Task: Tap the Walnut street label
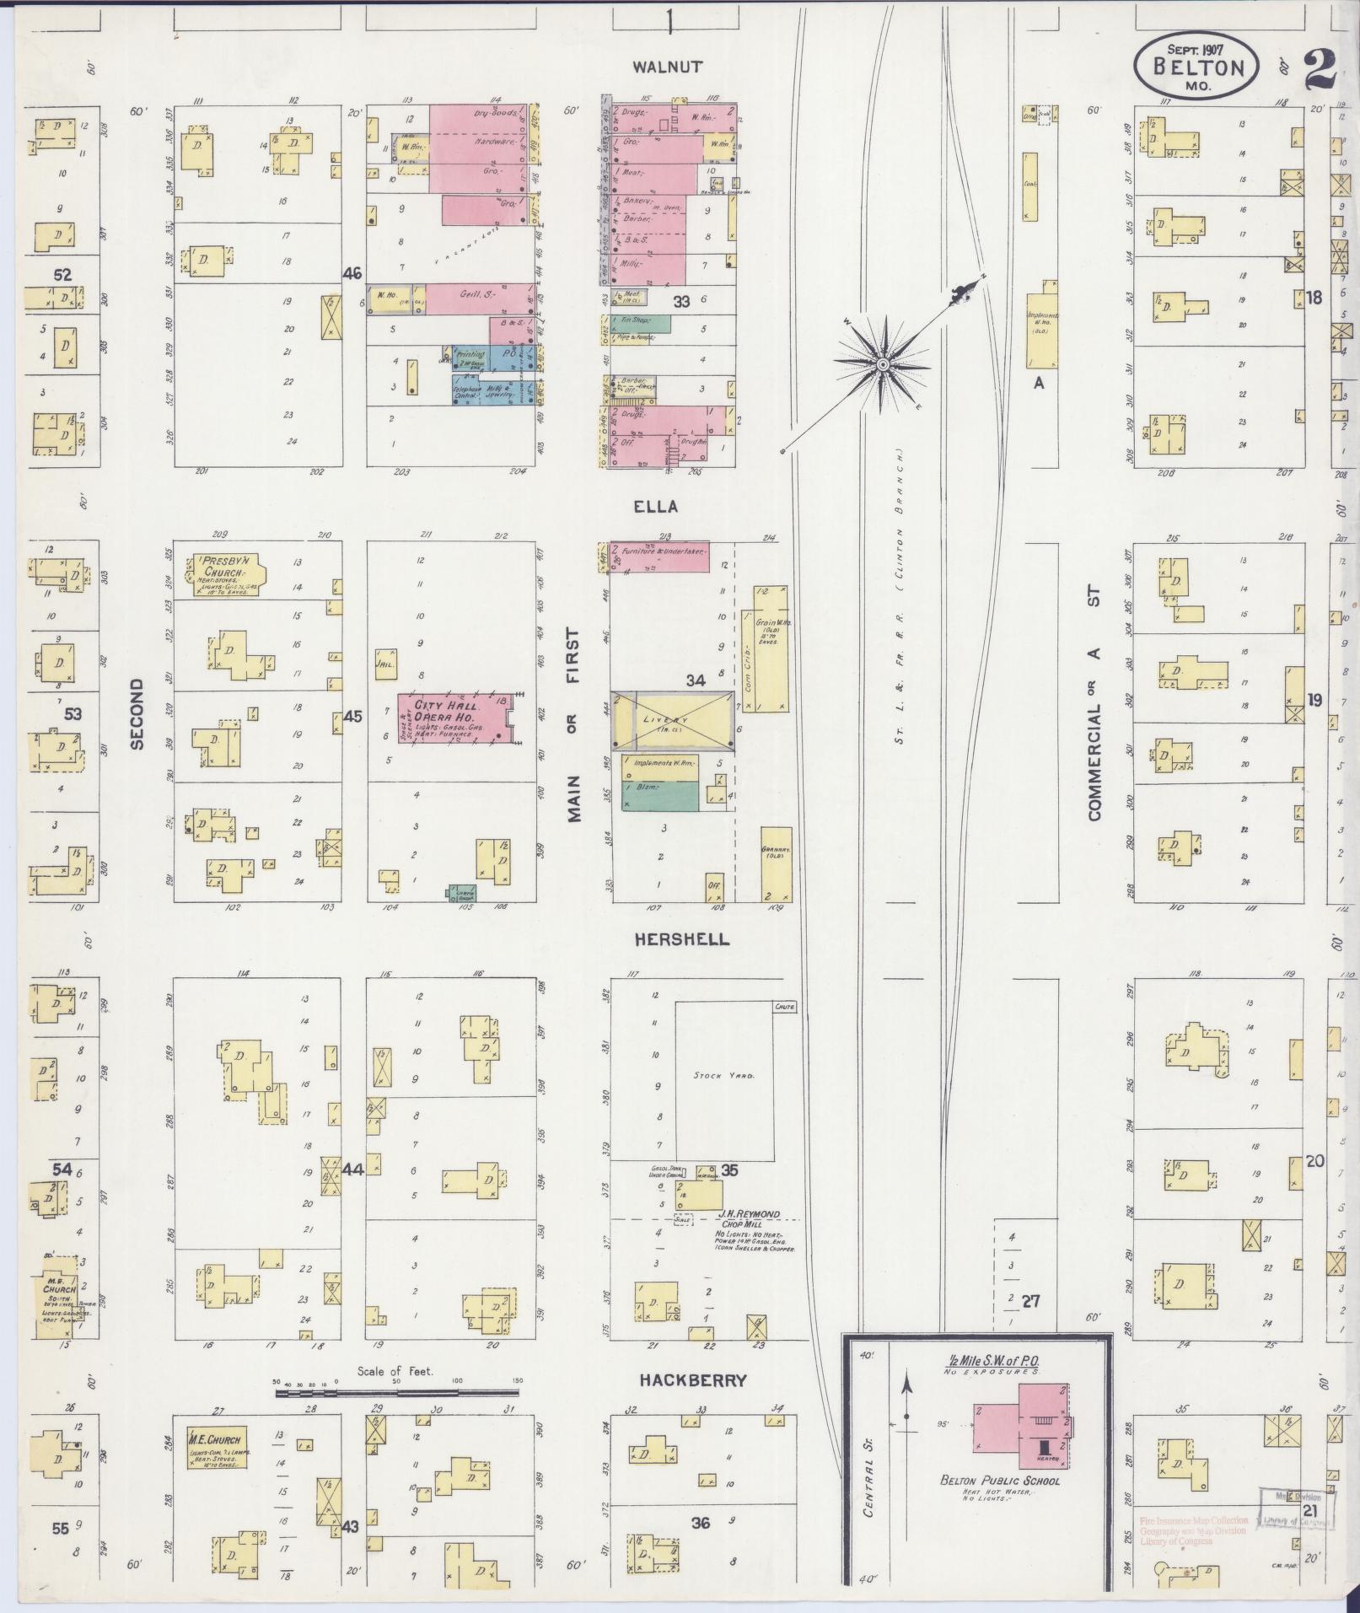coord(667,67)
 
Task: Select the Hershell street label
coord(683,939)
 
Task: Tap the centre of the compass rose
coord(883,364)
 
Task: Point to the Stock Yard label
coord(721,1075)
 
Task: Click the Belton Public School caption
coord(1000,1481)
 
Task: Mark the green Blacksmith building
coord(661,795)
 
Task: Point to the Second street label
coord(138,713)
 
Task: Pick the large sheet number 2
coord(1320,68)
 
